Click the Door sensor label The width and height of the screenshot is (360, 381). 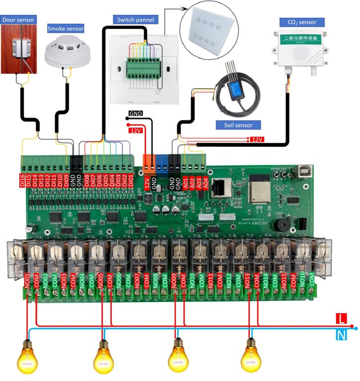pyautogui.click(x=19, y=20)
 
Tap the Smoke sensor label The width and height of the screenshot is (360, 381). pyautogui.click(x=66, y=29)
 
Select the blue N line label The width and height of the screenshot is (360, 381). pyautogui.click(x=341, y=336)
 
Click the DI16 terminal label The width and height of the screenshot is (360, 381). pyautogui.click(x=22, y=180)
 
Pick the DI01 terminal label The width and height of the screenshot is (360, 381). pyautogui.click(x=131, y=180)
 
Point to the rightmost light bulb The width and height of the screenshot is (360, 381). pyautogui.click(x=251, y=355)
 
